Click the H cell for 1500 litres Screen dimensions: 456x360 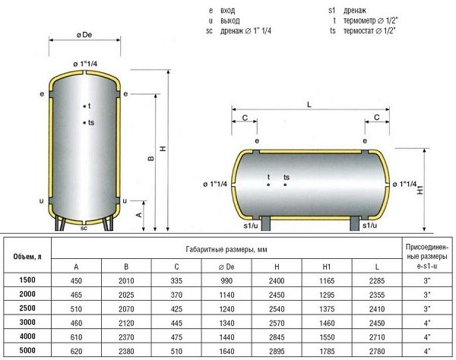click(277, 281)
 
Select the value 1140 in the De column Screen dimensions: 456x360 click(226, 295)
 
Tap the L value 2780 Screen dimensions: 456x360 click(377, 352)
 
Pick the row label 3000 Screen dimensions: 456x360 click(27, 322)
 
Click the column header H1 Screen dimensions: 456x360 click(327, 267)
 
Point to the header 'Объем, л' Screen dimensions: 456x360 click(27, 257)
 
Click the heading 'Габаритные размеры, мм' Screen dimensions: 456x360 click(226, 249)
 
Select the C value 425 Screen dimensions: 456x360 click(176, 309)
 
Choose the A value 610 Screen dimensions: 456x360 click(76, 337)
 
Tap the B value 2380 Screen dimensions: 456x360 click(126, 352)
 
